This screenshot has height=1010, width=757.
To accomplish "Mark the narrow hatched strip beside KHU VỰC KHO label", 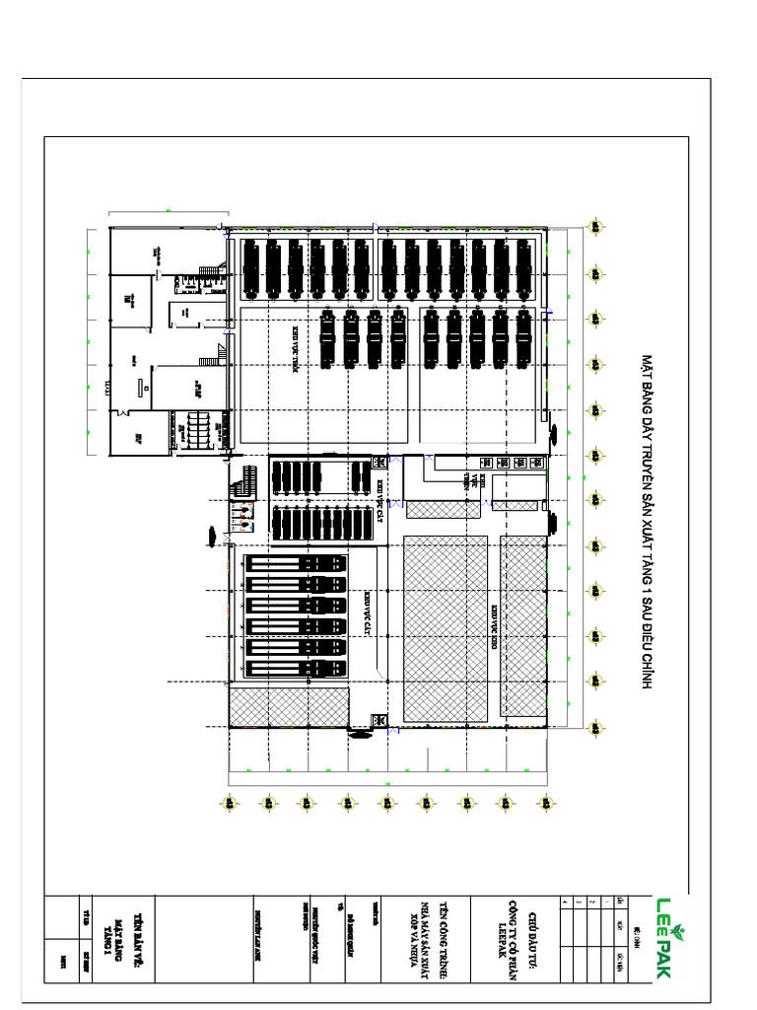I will coord(523,627).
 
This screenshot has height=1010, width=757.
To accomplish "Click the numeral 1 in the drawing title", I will coord(648,588).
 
